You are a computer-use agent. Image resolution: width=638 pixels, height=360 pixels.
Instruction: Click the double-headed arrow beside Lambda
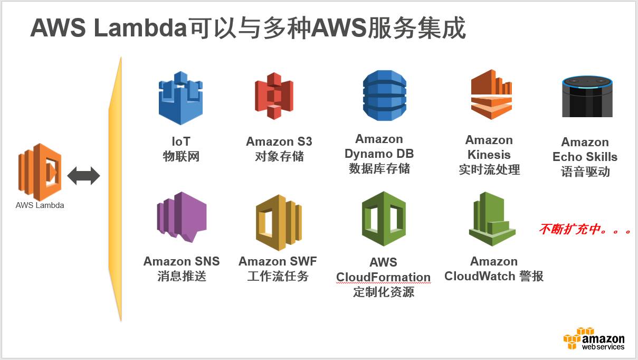pos(83,176)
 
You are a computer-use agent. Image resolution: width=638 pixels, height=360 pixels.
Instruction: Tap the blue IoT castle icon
pos(180,98)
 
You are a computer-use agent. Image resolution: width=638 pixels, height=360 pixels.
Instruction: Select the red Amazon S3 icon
pos(273,96)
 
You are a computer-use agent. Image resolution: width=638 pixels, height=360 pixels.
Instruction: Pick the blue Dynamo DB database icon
pos(385,96)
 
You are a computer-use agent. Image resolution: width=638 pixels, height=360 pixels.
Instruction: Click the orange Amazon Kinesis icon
pos(491,94)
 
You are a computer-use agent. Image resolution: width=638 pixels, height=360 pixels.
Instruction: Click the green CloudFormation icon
pos(384,219)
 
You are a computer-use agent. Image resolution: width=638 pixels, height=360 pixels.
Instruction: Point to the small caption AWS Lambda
pos(40,205)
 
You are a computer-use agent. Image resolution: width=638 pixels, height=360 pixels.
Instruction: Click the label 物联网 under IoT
pos(181,156)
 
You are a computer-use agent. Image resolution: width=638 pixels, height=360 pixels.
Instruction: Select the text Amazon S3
pos(279,141)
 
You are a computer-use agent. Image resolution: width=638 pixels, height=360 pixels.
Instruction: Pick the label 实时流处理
pos(489,169)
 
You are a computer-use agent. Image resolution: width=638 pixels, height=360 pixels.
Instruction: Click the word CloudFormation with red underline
pos(383,277)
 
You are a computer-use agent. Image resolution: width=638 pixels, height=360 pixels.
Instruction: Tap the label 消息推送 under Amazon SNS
pos(182,276)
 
